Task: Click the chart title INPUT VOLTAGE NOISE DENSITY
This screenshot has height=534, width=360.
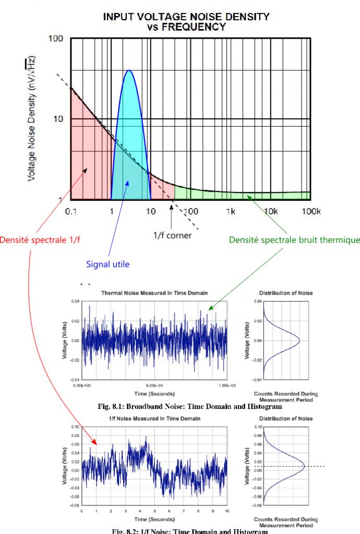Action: pyautogui.click(x=186, y=17)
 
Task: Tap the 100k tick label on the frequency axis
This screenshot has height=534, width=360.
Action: pyautogui.click(x=310, y=211)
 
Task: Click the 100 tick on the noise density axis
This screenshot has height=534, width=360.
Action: pyautogui.click(x=56, y=39)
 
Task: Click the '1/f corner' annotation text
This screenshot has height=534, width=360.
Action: pyautogui.click(x=172, y=235)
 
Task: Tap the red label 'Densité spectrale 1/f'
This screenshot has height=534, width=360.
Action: pyautogui.click(x=40, y=240)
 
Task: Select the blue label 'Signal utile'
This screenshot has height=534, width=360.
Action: pyautogui.click(x=108, y=264)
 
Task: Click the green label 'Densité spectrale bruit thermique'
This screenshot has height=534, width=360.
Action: pyautogui.click(x=294, y=240)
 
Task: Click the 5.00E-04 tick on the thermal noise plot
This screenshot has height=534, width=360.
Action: pyautogui.click(x=155, y=385)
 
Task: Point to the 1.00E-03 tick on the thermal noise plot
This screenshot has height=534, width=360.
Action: pyautogui.click(x=226, y=385)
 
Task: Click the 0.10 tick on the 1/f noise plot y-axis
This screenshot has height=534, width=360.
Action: pyautogui.click(x=74, y=427)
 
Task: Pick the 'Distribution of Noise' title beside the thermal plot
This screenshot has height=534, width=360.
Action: pyautogui.click(x=286, y=293)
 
